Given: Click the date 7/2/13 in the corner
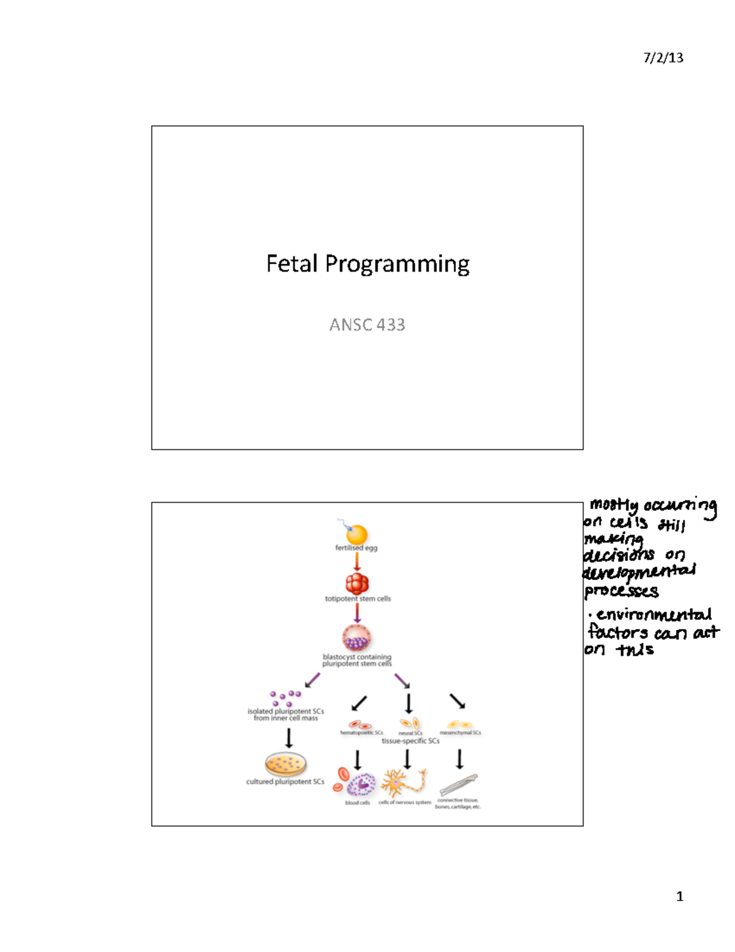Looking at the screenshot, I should point(663,58).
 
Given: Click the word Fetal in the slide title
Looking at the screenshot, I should point(292,264).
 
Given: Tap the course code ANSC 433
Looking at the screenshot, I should point(367,325).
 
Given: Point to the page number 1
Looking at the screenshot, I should point(679,897).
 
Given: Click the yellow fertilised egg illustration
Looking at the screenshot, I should point(356,534).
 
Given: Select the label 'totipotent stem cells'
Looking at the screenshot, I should point(358,599).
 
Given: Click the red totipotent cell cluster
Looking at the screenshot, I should point(357,583).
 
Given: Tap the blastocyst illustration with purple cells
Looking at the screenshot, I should point(357,638).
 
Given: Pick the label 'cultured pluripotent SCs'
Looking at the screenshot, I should point(285,782).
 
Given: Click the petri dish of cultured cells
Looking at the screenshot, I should point(285,764).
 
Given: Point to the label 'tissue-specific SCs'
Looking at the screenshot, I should point(410,741).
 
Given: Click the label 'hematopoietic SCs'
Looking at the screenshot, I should point(361,733).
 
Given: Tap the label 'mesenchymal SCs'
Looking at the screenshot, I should point(460,733).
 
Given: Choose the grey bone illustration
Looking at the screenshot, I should point(458,784).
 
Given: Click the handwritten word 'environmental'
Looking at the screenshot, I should point(654,615).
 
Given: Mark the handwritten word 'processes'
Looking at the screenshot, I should point(621,592).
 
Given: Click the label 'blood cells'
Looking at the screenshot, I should point(357,803).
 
